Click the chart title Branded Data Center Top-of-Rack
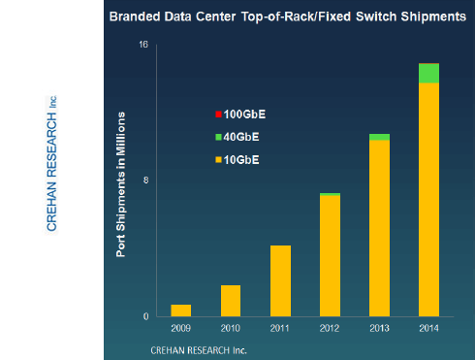coord(287,17)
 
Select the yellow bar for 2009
coord(181,311)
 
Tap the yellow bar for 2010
coord(231,301)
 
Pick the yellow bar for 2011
coord(280,280)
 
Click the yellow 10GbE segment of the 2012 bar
coord(330,256)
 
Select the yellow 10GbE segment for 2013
coord(379,229)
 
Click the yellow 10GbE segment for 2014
coord(428,200)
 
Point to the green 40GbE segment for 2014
coord(428,73)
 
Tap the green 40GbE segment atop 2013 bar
coord(379,137)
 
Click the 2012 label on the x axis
coord(330,328)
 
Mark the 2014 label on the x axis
coord(428,328)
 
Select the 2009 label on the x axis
coord(181,328)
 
